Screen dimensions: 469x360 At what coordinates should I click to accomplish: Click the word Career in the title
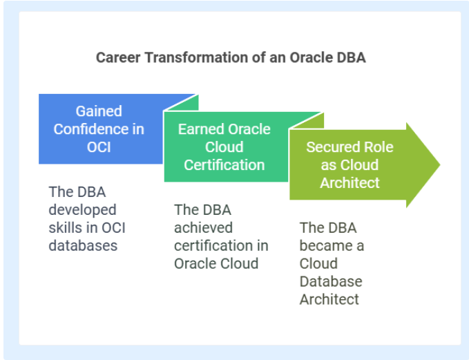tap(118, 57)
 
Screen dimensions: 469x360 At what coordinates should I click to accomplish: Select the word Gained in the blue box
tap(99, 111)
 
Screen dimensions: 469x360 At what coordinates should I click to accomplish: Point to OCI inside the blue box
tap(99, 147)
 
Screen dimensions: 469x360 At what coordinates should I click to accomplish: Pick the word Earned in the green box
tap(199, 129)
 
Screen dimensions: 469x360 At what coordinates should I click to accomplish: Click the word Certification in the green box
tap(224, 165)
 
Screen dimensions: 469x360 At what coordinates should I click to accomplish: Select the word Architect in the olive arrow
tap(350, 183)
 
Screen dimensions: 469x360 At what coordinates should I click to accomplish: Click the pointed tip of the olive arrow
tap(440, 164)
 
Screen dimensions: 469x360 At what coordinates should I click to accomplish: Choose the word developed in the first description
tap(82, 210)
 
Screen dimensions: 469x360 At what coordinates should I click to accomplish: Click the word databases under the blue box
tap(83, 246)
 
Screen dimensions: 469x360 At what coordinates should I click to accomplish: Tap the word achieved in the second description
tap(203, 228)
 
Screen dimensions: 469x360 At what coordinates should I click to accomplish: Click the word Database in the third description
tap(331, 281)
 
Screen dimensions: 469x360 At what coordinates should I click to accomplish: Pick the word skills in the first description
tap(64, 228)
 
